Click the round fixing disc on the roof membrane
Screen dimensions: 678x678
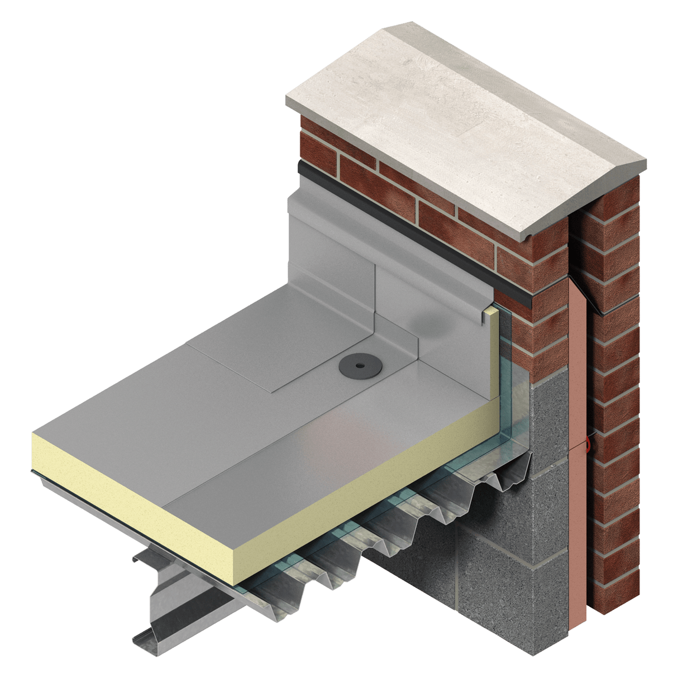coord(353,367)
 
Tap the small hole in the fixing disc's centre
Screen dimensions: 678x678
coord(353,366)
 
